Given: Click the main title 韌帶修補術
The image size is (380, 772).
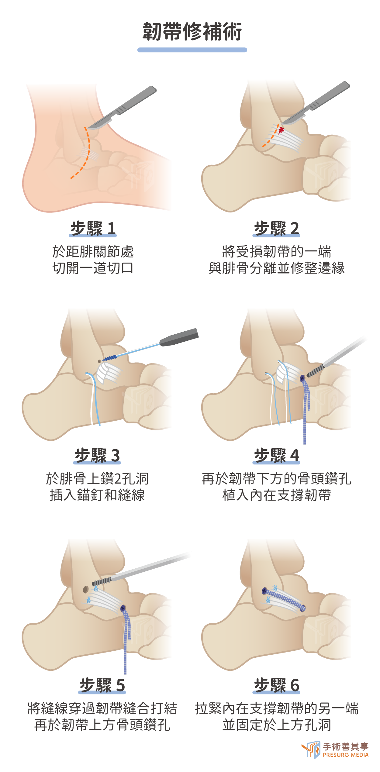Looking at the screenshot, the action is (192, 32).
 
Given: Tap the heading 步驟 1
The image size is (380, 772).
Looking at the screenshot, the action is (93, 229).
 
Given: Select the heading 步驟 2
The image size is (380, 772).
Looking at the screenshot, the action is (276, 229).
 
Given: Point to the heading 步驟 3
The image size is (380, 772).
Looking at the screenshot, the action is (97, 456).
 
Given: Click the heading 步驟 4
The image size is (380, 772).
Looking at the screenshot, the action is (276, 456).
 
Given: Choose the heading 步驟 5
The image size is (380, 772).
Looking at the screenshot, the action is (102, 685).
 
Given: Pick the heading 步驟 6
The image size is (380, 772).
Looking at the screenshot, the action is (276, 685).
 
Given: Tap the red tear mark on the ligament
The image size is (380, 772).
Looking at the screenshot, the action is (281, 130).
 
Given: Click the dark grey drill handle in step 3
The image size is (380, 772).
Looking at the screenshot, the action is (179, 337).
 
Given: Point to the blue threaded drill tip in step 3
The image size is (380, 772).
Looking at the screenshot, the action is (109, 358).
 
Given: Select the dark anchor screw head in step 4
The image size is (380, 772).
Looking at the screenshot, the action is (302, 378).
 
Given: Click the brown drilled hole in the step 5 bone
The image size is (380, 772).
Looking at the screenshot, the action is (86, 590).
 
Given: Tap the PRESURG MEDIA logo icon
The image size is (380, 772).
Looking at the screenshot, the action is (311, 750).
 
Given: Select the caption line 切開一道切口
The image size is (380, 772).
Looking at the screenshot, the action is (93, 268).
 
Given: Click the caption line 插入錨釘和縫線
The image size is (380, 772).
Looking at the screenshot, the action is (97, 495).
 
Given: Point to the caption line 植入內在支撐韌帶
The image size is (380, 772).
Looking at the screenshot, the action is (276, 495).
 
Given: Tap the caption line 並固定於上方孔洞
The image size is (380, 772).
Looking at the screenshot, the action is (276, 725).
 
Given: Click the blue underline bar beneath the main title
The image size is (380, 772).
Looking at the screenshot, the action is (192, 50).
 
